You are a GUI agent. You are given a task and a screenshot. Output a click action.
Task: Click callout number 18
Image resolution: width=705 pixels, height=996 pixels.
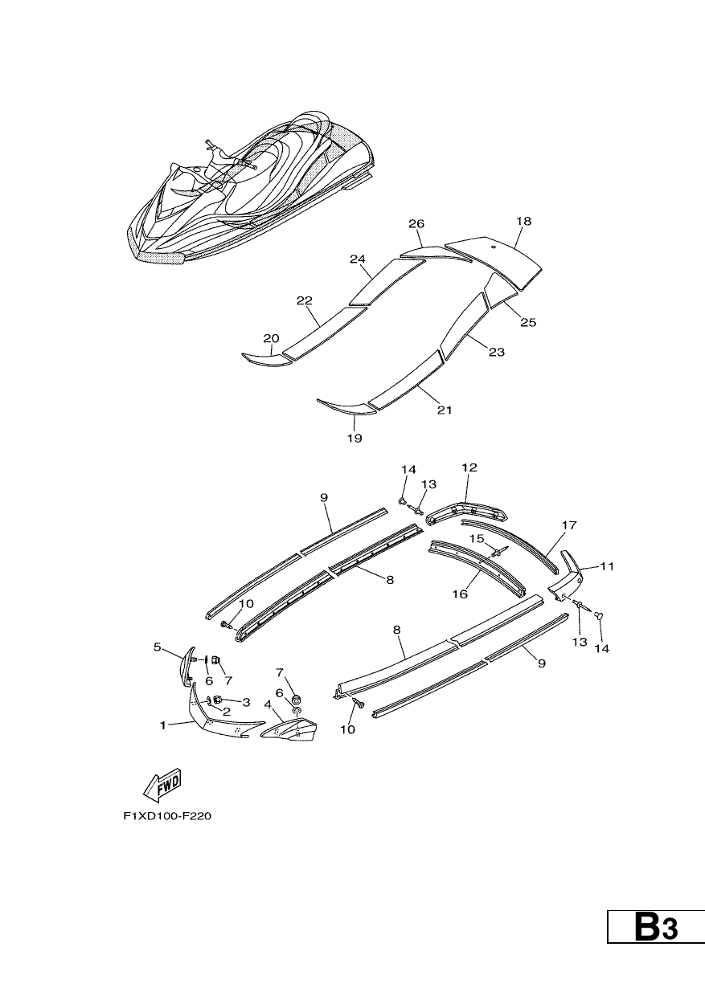[x=524, y=221]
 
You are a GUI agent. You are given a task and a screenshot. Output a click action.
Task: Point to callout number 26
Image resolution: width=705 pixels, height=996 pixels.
[x=416, y=223]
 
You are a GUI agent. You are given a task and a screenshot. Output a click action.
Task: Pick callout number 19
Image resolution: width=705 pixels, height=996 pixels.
[x=355, y=438]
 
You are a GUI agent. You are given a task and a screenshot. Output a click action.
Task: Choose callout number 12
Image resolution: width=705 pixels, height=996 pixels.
[x=469, y=467]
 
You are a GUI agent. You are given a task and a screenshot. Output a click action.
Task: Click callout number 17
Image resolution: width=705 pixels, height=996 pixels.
[x=569, y=525]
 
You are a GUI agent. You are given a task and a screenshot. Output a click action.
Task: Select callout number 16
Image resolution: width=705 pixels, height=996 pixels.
[x=460, y=594]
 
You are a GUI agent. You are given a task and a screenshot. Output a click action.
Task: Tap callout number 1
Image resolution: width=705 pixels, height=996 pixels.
[x=163, y=725]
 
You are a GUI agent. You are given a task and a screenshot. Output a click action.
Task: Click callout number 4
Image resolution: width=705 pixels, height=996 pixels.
[x=268, y=704]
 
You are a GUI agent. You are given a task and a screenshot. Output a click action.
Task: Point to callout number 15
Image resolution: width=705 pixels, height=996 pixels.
[x=477, y=538]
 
